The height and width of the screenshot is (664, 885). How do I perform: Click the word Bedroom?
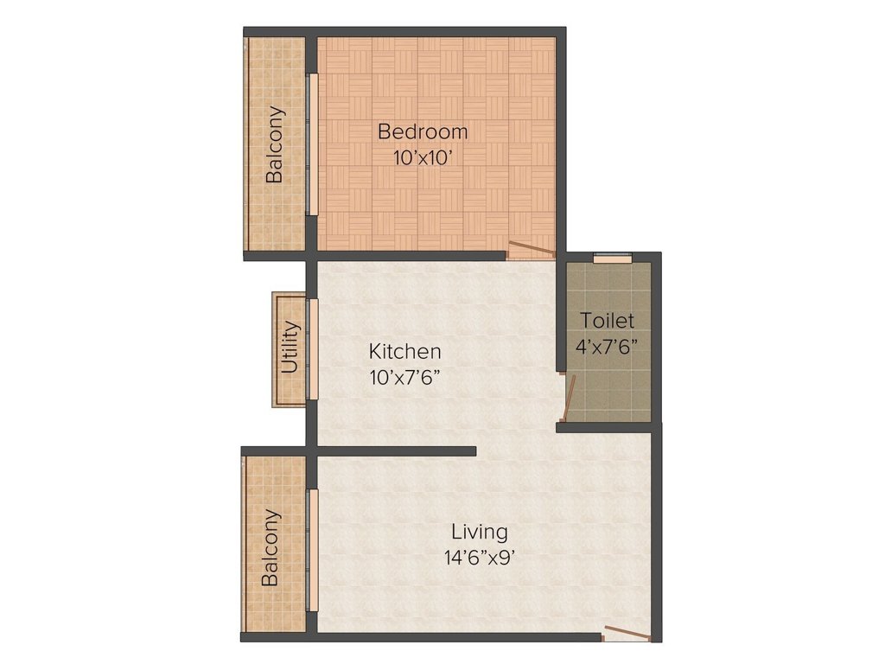(423, 131)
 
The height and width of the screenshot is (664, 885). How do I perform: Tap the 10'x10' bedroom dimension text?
(423, 158)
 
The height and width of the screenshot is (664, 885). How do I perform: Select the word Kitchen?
(405, 352)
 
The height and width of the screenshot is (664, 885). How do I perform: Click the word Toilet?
(607, 321)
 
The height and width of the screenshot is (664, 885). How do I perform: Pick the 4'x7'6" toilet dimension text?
(607, 345)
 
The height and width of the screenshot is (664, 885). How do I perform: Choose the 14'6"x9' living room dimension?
(479, 558)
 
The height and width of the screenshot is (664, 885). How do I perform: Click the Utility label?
(290, 348)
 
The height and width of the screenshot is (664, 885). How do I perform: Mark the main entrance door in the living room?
(627, 633)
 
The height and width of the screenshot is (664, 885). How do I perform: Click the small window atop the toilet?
(613, 256)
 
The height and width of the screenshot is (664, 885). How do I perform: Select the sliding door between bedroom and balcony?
(313, 144)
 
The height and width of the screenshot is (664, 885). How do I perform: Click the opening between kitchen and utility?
(313, 348)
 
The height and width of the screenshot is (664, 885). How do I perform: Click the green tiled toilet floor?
(608, 385)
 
